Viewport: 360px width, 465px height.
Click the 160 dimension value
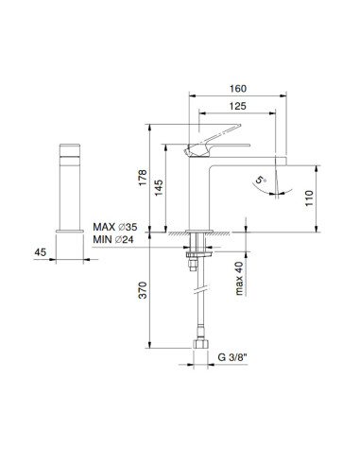click(238, 92)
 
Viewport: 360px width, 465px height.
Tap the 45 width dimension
click(41, 251)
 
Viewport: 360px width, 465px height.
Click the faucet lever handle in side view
click(213, 143)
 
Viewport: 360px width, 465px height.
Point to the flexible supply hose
click(196, 302)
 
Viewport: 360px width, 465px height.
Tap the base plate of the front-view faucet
click(72, 227)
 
